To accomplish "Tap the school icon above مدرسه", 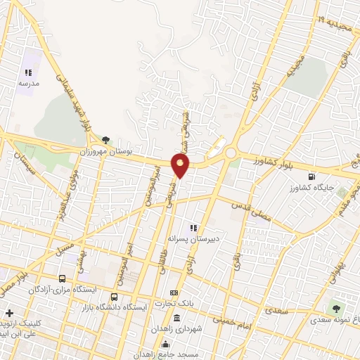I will click(x=29, y=72).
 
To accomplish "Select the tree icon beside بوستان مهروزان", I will click(x=106, y=141).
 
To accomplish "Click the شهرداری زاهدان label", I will click(x=176, y=329).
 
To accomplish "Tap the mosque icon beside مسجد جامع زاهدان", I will click(x=166, y=344).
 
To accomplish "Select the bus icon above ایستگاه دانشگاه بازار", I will click(x=115, y=296).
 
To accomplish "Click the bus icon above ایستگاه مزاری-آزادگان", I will click(x=63, y=278).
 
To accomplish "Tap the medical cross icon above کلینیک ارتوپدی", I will click(x=8, y=313).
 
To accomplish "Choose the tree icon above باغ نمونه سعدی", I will click(x=335, y=308).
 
